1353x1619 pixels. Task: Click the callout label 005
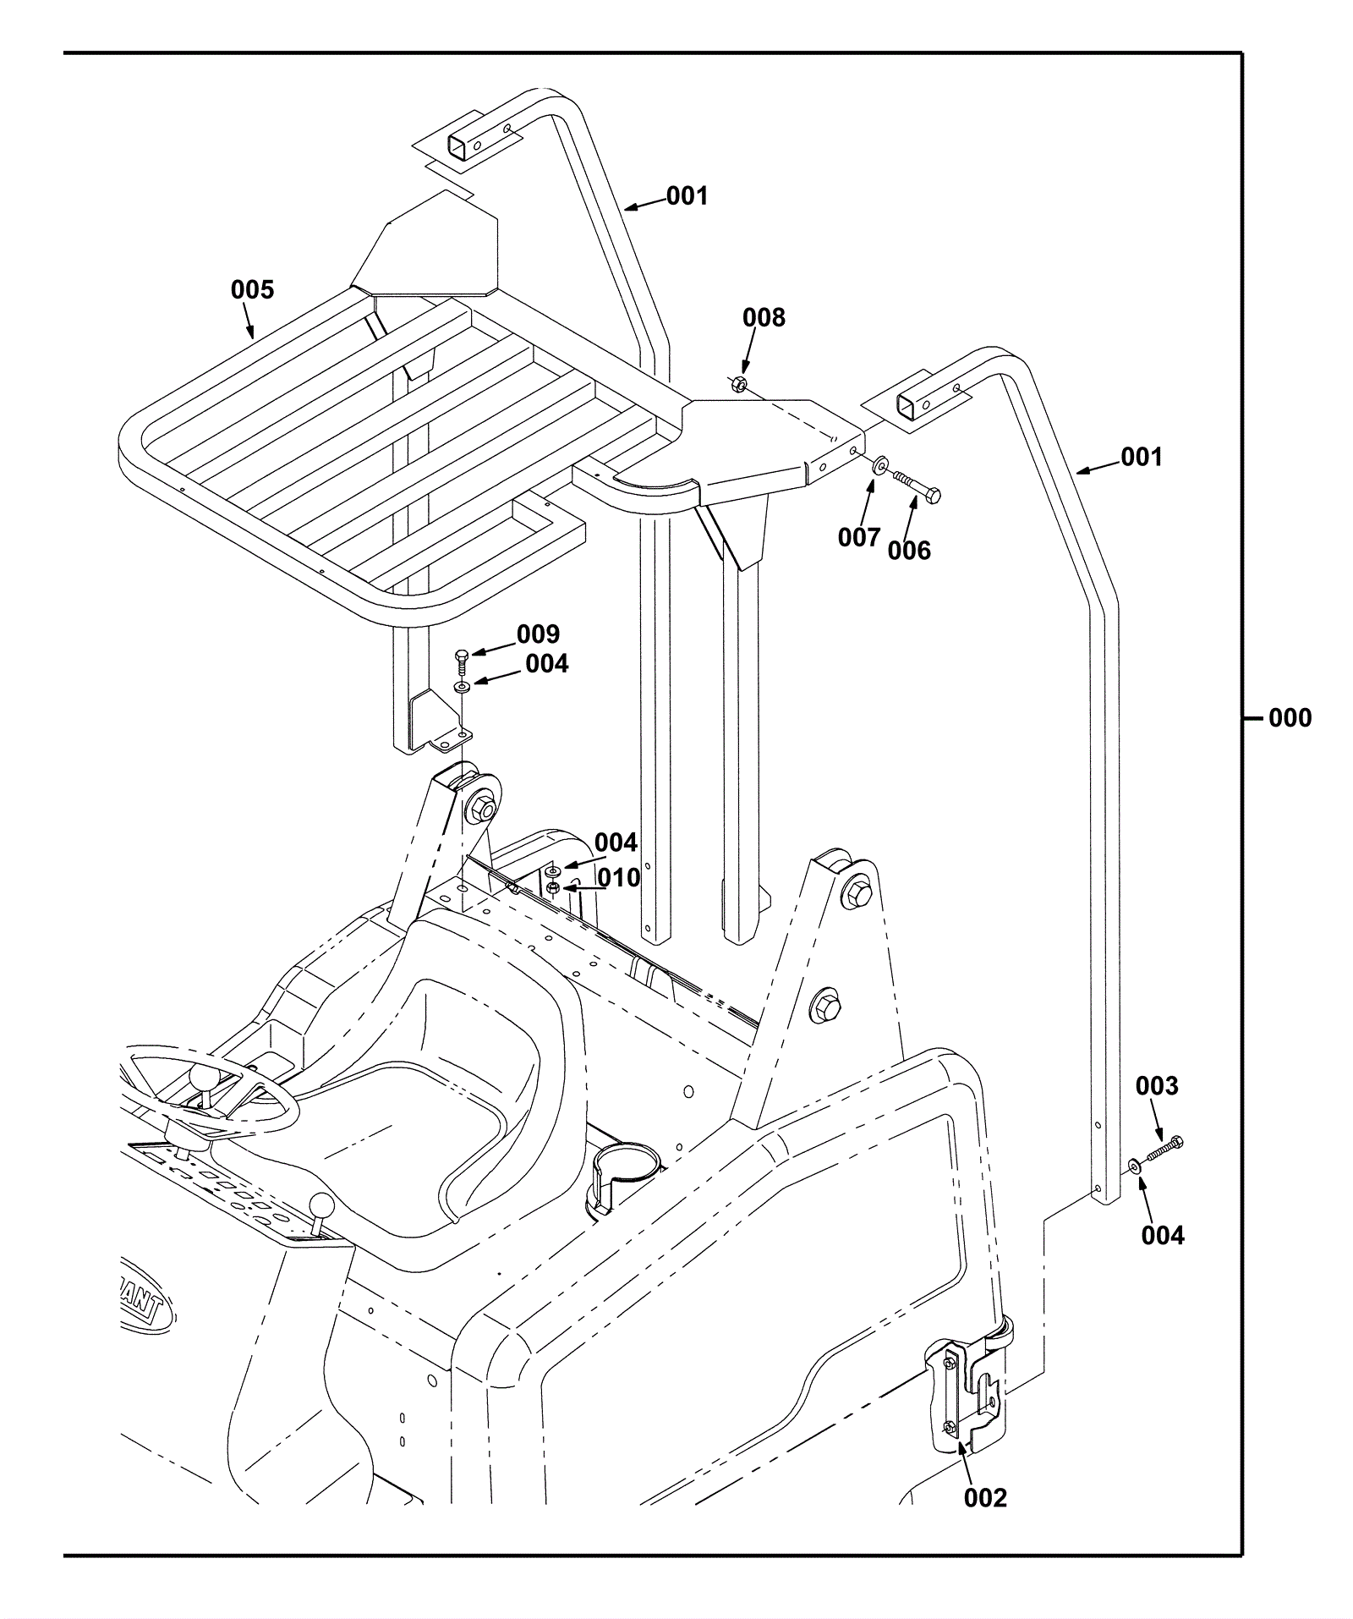pos(252,290)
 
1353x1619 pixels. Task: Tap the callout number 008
pos(764,318)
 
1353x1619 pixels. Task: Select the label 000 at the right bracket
pos(1290,718)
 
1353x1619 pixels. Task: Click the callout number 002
pos(985,1498)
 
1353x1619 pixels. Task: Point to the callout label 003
pos(1156,1085)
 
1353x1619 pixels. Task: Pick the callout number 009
pos(538,634)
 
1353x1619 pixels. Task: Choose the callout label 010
pos(619,878)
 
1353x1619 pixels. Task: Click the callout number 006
pos(908,551)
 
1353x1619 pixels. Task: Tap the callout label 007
pos(859,537)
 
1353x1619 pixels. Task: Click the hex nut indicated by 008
pos(737,385)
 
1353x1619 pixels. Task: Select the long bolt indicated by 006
pos(917,486)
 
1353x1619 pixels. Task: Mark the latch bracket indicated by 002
pos(964,1397)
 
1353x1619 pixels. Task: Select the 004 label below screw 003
pos(1163,1236)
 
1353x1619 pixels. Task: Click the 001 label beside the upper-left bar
pos(687,196)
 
